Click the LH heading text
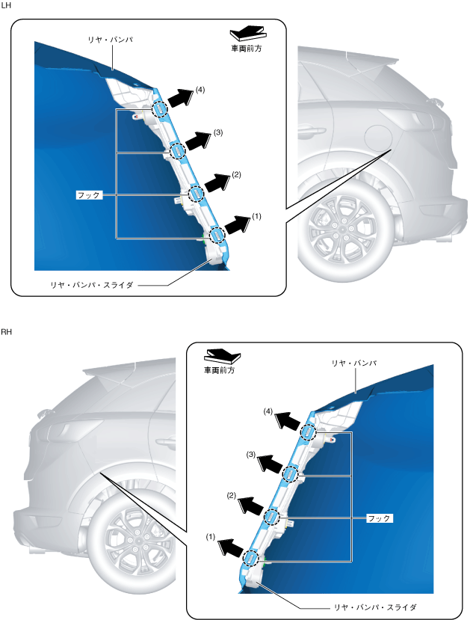tap(6, 6)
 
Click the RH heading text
tap(6, 332)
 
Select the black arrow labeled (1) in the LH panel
tap(238, 225)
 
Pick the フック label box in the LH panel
tap(89, 195)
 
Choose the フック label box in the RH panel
tap(380, 518)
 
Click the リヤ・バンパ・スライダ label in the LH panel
tap(92, 285)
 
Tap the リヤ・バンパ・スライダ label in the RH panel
tap(375, 607)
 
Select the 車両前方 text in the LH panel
tap(247, 49)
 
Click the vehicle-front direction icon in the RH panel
tap(223, 355)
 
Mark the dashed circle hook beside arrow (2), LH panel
tap(197, 194)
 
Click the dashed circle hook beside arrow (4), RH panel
tap(308, 432)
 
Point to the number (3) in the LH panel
tap(218, 132)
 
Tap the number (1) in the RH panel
tap(211, 536)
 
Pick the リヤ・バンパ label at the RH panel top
tap(354, 363)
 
